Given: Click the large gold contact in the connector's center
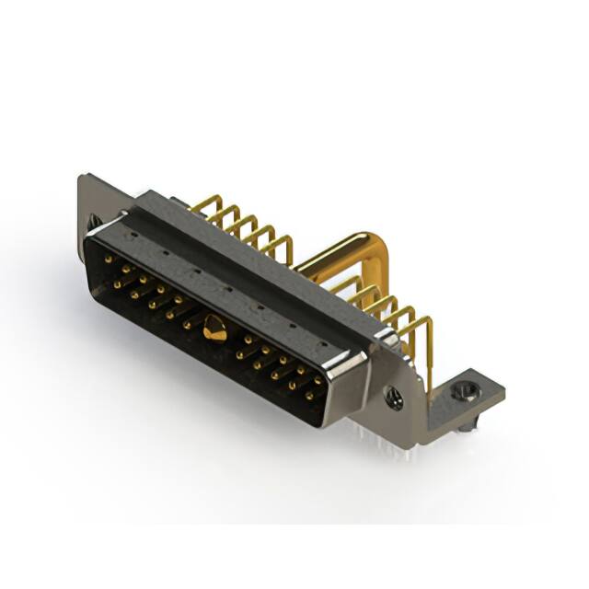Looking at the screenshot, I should coord(214,328).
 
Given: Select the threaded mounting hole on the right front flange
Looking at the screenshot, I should coord(394,399).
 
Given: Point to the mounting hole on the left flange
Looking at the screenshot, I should coord(93,221).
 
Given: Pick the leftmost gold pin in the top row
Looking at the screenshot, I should coord(110,260).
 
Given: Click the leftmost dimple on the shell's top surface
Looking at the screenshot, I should coord(133,236).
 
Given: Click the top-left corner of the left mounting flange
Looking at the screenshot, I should coord(82,177).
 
